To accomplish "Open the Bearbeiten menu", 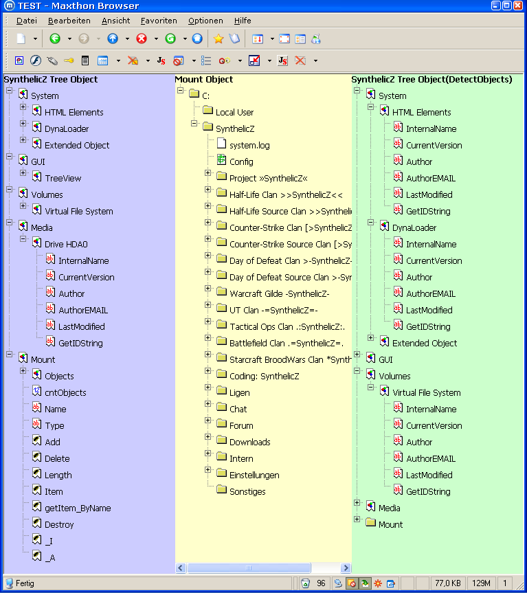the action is point(69,21).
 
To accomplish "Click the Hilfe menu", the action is point(243,21).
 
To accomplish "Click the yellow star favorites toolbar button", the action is point(218,38).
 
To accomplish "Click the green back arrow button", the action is point(55,38).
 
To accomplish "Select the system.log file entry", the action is point(249,145).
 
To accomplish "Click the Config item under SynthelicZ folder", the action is point(241,162).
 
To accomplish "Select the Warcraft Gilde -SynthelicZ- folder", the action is point(280,294).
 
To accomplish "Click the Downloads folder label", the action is point(250,442).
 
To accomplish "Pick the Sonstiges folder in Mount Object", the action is point(247,491).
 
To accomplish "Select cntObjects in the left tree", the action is point(65,392).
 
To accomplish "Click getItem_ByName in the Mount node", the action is point(78,508).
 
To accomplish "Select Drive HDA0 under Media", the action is point(66,245).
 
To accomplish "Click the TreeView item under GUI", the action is point(63,178).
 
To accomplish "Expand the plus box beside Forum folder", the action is point(208,420).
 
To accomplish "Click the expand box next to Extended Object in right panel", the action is point(370,337).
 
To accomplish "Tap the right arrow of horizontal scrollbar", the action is point(345,568).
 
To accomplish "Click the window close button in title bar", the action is point(518,5).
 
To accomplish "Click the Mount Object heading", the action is point(204,80).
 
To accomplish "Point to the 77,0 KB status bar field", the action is point(447,583).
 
